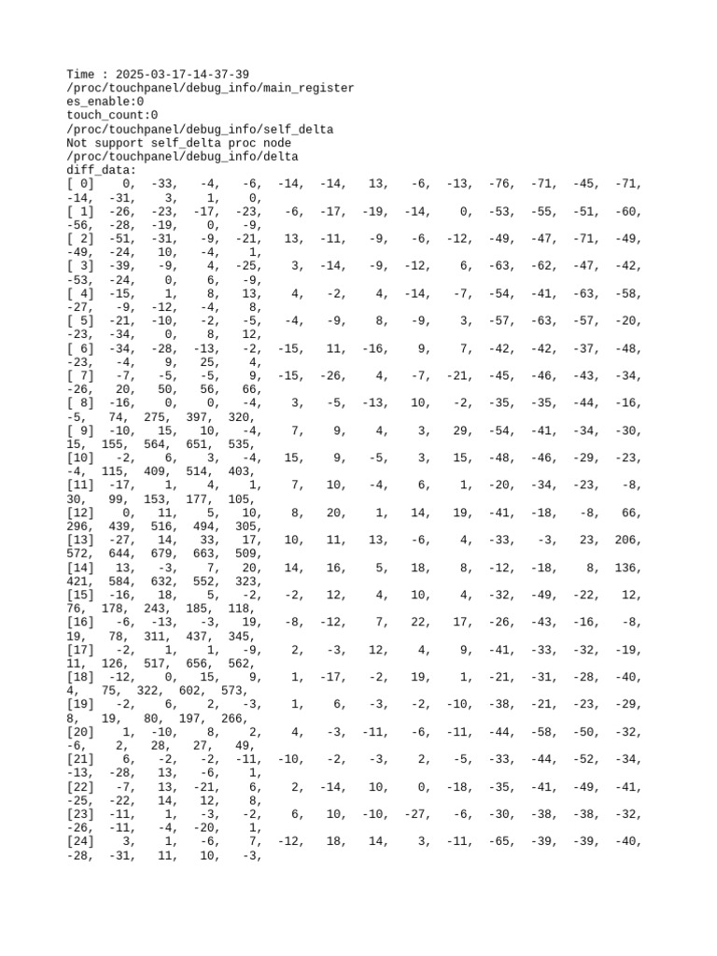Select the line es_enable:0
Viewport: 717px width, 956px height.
click(105, 102)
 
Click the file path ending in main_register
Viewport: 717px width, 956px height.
click(210, 89)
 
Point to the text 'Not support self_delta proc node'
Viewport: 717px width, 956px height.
click(178, 143)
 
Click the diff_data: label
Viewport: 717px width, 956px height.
click(102, 171)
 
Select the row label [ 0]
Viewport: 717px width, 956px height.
click(81, 184)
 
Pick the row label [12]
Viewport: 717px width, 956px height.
click(81, 513)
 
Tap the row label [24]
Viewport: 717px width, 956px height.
click(81, 842)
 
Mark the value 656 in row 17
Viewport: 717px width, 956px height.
click(208, 664)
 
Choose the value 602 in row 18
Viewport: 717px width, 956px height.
click(208, 692)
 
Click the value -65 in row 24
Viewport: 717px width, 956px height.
click(502, 842)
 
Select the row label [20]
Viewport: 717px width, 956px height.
click(81, 733)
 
